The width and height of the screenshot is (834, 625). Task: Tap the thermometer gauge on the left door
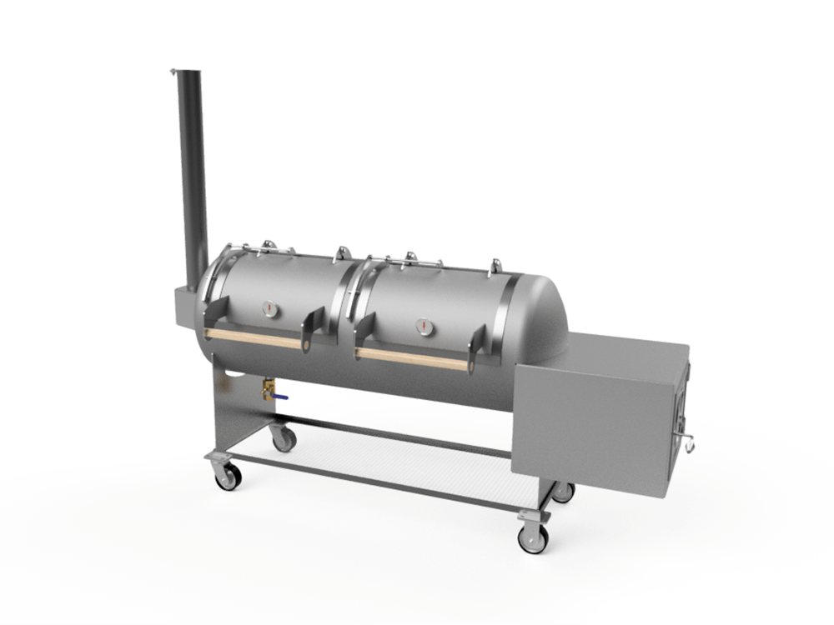(x=270, y=308)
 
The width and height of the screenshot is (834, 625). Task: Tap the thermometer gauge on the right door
(x=424, y=325)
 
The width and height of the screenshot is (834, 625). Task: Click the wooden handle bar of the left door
(x=254, y=337)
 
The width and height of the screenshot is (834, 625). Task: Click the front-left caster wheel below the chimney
(x=227, y=475)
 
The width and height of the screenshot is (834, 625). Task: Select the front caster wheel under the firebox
(x=532, y=537)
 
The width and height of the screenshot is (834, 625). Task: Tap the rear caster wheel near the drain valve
(x=284, y=438)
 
